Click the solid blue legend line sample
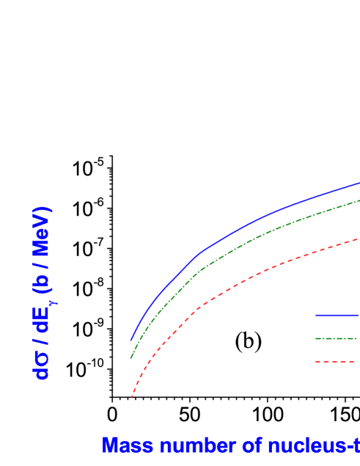tap(337, 316)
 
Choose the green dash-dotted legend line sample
tap(337, 338)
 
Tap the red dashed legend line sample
tap(337, 361)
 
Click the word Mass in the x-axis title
tap(120, 445)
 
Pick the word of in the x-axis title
tap(222, 445)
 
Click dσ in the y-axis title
tap(43, 365)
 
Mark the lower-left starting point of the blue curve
tap(131, 341)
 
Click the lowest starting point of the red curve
tap(132, 396)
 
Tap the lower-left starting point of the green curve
tap(131, 357)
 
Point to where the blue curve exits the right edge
tap(359, 183)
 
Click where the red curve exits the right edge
tap(359, 239)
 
